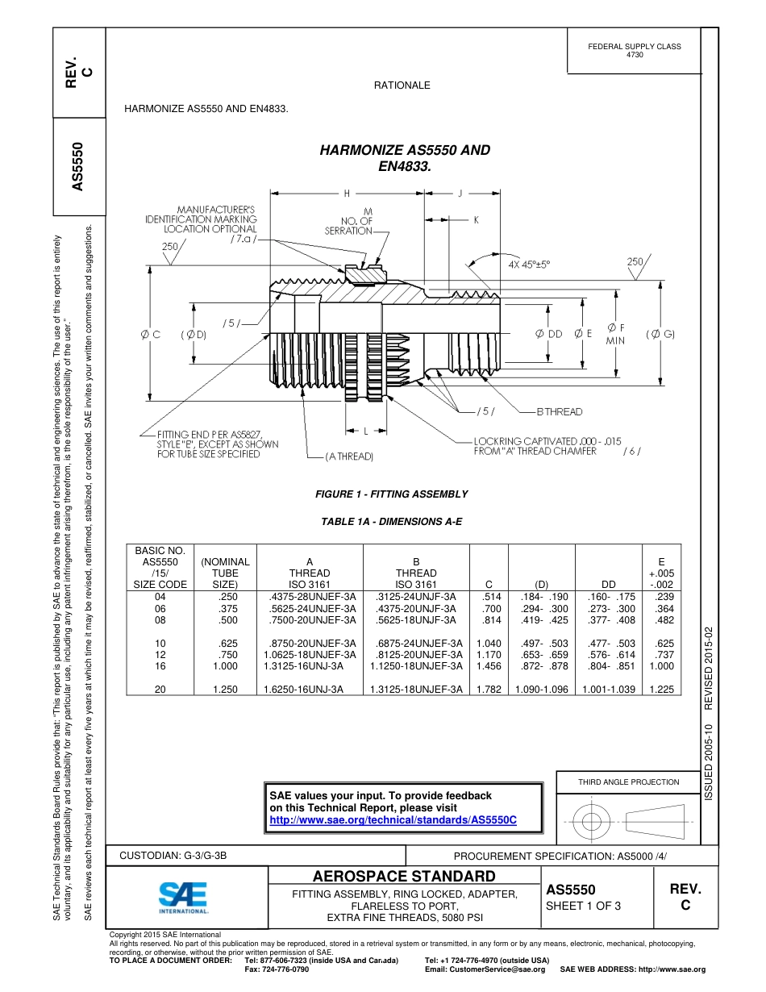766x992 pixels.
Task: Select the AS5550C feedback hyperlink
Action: click(x=392, y=820)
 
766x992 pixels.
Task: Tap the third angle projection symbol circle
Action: click(x=592, y=822)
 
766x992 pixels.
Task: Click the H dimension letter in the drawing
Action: click(x=347, y=194)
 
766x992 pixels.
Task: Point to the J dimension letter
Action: click(x=460, y=194)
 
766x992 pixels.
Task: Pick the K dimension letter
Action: click(x=476, y=219)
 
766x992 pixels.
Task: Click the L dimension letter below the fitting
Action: click(x=364, y=431)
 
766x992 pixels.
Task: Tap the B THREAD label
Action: click(x=560, y=411)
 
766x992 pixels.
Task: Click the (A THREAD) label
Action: click(x=349, y=456)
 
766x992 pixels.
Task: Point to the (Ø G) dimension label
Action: click(x=660, y=334)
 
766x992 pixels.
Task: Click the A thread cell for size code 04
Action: click(x=310, y=597)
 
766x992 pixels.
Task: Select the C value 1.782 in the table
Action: click(x=489, y=690)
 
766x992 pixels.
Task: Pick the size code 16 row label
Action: click(x=160, y=666)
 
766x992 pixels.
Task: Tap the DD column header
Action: click(x=609, y=584)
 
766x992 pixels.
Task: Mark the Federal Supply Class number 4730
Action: click(x=635, y=55)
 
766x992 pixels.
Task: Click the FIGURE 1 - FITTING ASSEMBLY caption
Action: click(x=391, y=494)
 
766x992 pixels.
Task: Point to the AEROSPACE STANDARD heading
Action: click(x=404, y=877)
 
